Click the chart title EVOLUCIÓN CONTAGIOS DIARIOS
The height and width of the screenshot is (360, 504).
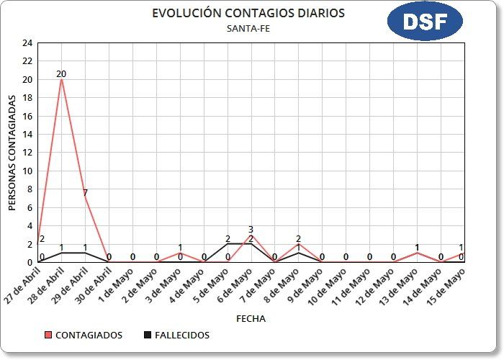(248, 14)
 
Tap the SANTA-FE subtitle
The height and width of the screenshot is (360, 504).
(248, 29)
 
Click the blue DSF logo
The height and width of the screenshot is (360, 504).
(424, 22)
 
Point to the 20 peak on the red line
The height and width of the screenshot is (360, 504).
(61, 79)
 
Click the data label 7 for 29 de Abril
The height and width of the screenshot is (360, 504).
(85, 193)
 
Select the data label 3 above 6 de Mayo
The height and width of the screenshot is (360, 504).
(251, 230)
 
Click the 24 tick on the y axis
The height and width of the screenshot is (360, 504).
(27, 43)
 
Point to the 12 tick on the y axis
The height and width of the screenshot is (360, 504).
(27, 153)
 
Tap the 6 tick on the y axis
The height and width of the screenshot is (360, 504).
(29, 207)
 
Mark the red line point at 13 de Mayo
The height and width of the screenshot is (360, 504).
(417, 253)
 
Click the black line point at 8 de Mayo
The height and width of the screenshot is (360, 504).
(298, 253)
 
